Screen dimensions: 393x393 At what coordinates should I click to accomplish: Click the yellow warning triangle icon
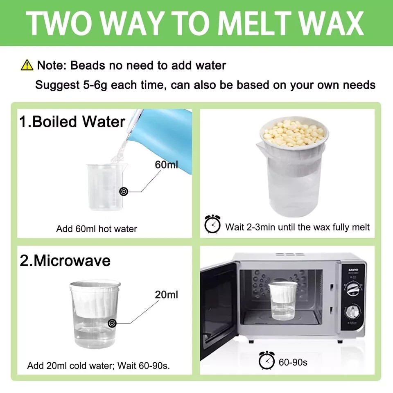tap(27, 65)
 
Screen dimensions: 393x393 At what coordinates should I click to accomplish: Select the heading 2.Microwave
tap(65, 261)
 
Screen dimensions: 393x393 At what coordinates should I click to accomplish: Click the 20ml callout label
tap(167, 294)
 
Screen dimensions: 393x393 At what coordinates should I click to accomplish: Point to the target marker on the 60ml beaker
tap(123, 191)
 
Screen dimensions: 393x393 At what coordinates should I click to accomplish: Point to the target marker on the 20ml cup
tap(111, 323)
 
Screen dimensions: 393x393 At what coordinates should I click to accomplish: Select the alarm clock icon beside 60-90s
tap(267, 361)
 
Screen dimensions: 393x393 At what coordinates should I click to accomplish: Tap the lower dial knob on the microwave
tap(351, 313)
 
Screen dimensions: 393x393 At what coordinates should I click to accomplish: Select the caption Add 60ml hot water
tap(96, 229)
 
